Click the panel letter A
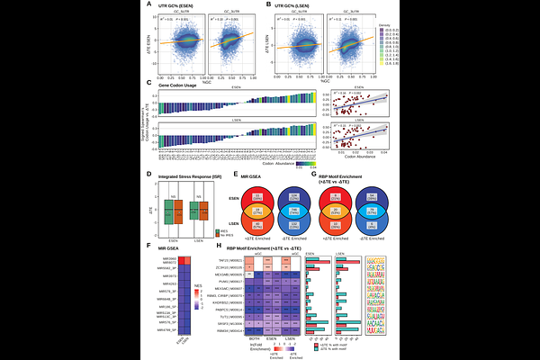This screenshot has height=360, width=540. pyautogui.click(x=149, y=5)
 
